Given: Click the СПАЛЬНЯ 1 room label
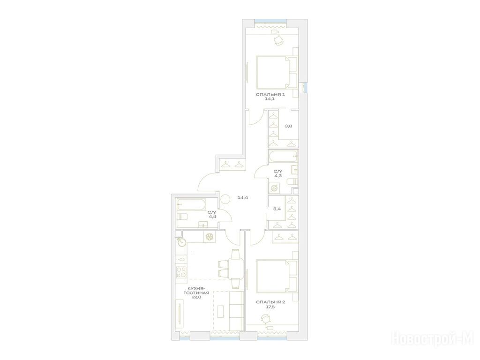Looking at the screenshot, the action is point(270,97).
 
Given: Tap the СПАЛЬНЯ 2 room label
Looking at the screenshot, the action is point(270,304).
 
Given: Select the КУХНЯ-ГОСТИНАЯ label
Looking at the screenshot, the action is point(196,292).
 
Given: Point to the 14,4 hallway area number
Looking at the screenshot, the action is point(242,197).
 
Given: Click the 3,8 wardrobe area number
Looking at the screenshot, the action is point(288,126).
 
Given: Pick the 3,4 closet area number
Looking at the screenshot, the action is point(277,209).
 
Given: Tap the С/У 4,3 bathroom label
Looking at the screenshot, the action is point(278,173).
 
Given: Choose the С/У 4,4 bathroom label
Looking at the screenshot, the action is point(212,214).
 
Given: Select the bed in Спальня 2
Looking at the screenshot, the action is point(277,277).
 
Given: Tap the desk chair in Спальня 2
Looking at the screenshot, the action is point(265,319).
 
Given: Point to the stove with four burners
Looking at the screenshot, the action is point(181,272).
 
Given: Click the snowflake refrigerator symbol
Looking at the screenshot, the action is point(210,237).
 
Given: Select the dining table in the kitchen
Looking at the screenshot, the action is point(235,269).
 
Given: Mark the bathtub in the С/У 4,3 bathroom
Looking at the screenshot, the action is point(283,156).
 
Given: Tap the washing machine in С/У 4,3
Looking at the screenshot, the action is point(274,188).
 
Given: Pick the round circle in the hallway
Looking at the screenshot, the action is point(226,199).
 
